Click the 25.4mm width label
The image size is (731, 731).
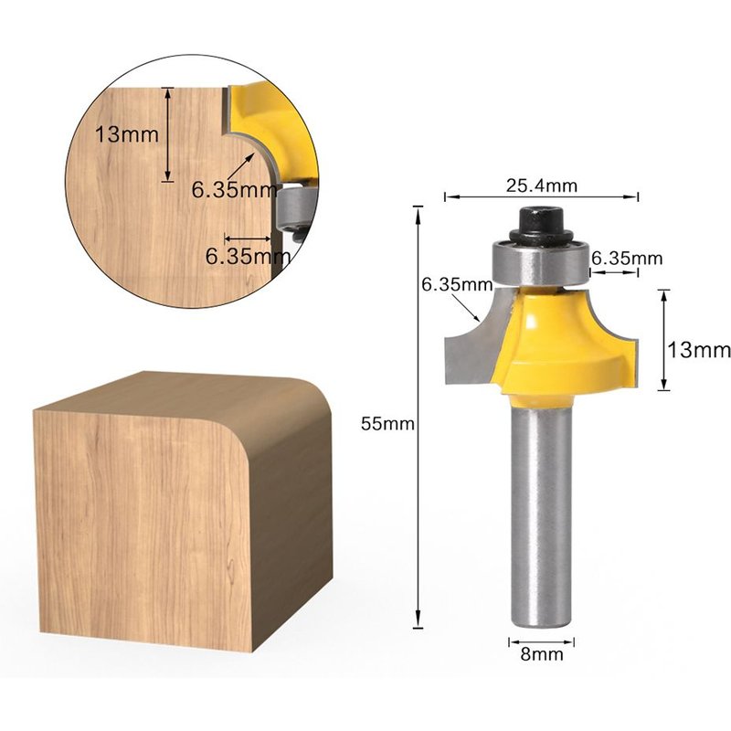click(542, 185)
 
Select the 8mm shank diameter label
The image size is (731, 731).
click(542, 654)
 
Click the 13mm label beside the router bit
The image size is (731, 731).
click(699, 349)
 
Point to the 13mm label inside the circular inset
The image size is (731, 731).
click(127, 133)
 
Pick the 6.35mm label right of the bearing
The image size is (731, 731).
click(627, 259)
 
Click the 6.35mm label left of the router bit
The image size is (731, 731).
click(456, 284)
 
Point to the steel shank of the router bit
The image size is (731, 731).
click(542, 512)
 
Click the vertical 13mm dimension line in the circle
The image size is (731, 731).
click(168, 133)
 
